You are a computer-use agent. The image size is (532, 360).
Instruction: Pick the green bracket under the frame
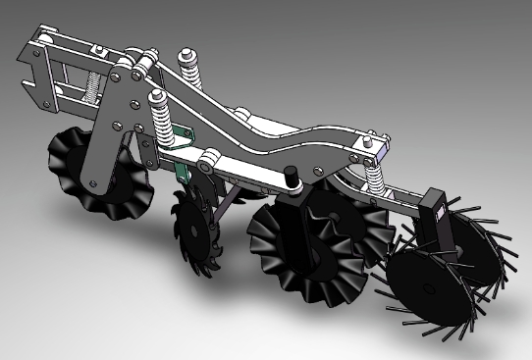pos(181,167)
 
